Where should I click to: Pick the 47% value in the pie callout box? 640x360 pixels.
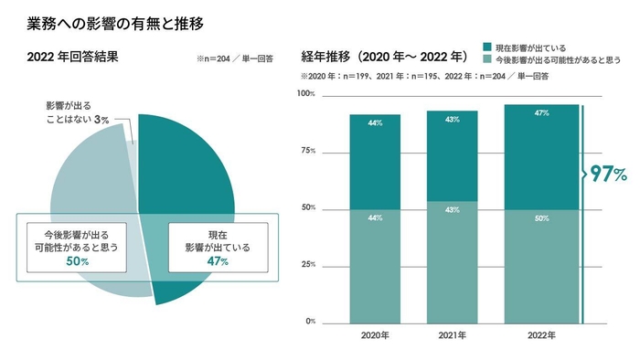click(217, 261)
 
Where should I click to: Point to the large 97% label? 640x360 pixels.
click(608, 174)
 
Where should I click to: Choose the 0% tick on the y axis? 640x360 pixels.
click(308, 322)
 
